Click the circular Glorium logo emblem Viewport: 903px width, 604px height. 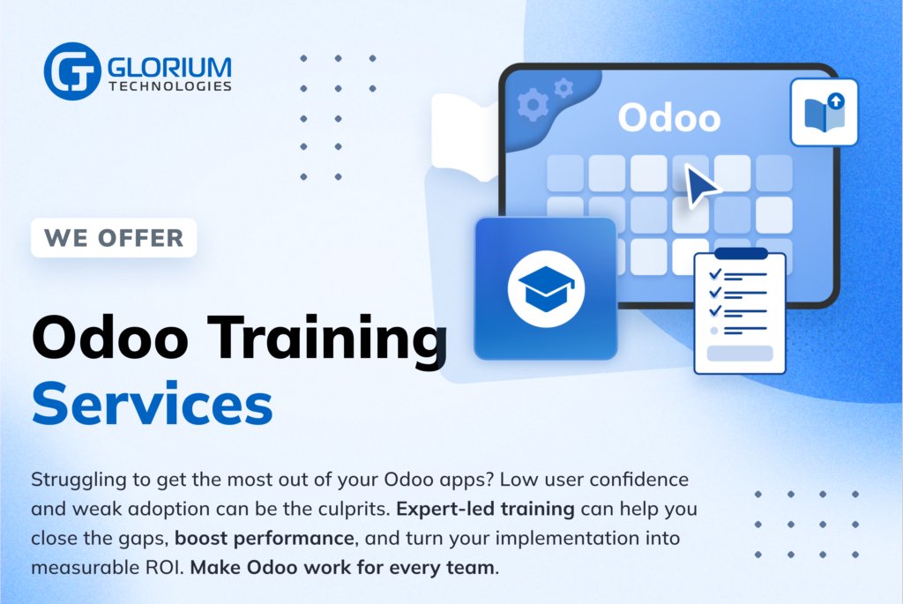(x=72, y=71)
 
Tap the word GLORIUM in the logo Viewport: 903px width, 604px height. (x=170, y=66)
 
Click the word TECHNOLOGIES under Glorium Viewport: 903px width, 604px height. (x=170, y=86)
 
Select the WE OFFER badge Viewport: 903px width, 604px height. (x=114, y=237)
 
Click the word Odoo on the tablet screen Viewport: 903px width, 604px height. (x=668, y=118)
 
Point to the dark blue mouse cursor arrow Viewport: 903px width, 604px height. (x=701, y=186)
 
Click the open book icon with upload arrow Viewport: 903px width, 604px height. (x=825, y=112)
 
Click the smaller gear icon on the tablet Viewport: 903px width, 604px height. (x=563, y=87)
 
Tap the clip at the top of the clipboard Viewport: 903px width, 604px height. (x=740, y=254)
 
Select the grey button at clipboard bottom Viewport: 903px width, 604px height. (x=740, y=353)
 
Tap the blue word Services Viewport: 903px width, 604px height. (x=152, y=404)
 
